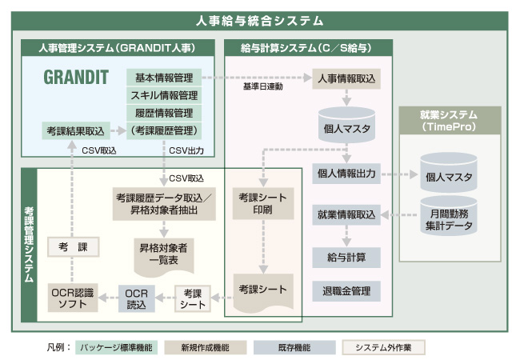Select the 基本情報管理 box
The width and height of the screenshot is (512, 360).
tap(163, 78)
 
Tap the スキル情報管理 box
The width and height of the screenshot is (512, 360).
tap(163, 95)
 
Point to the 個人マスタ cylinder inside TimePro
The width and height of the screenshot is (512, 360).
tap(449, 176)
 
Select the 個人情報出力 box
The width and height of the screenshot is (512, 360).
tap(346, 173)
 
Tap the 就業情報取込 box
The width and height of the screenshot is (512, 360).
tap(346, 214)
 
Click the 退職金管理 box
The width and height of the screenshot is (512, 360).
tap(346, 290)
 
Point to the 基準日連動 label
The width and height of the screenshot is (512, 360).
tap(262, 86)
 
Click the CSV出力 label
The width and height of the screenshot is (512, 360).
tap(186, 150)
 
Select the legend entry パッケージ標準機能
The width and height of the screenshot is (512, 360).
tap(117, 347)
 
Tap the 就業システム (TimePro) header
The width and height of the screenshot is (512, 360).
tap(447, 121)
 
